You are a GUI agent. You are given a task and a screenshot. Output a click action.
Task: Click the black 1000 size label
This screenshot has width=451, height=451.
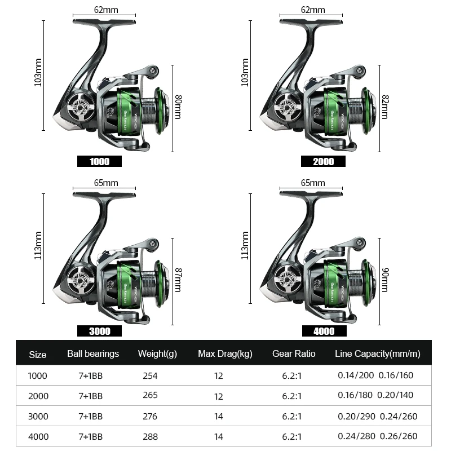pyautogui.click(x=99, y=161)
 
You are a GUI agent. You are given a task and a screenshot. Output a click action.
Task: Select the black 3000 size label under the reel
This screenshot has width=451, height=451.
pyautogui.click(x=99, y=331)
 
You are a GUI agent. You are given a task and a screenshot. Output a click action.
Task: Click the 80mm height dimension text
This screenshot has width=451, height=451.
pyautogui.click(x=178, y=107)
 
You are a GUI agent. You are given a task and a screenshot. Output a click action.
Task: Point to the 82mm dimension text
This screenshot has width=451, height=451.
pyautogui.click(x=385, y=107)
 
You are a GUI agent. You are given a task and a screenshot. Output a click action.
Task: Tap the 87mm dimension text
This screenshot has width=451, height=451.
pyautogui.click(x=178, y=280)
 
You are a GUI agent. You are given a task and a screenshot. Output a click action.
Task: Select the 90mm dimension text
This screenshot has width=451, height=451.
pyautogui.click(x=385, y=280)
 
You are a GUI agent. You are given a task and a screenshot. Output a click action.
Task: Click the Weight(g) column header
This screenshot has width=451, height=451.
pyautogui.click(x=157, y=354)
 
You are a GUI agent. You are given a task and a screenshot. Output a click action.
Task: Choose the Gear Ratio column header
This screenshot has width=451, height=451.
pyautogui.click(x=294, y=354)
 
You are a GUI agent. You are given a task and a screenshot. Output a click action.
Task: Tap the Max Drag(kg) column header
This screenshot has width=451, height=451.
pyautogui.click(x=225, y=354)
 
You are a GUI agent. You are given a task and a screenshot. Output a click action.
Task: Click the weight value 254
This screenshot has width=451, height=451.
pyautogui.click(x=150, y=375)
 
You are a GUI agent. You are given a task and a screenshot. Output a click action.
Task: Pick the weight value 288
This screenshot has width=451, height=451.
pyautogui.click(x=150, y=436)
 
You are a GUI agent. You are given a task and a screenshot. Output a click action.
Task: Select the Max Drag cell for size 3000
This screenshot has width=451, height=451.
pyautogui.click(x=219, y=416)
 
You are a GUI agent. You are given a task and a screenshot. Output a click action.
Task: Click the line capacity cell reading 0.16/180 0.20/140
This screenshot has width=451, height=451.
pyautogui.click(x=375, y=395)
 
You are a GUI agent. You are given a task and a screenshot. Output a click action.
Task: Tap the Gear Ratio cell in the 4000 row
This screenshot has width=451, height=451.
pyautogui.click(x=292, y=436)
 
